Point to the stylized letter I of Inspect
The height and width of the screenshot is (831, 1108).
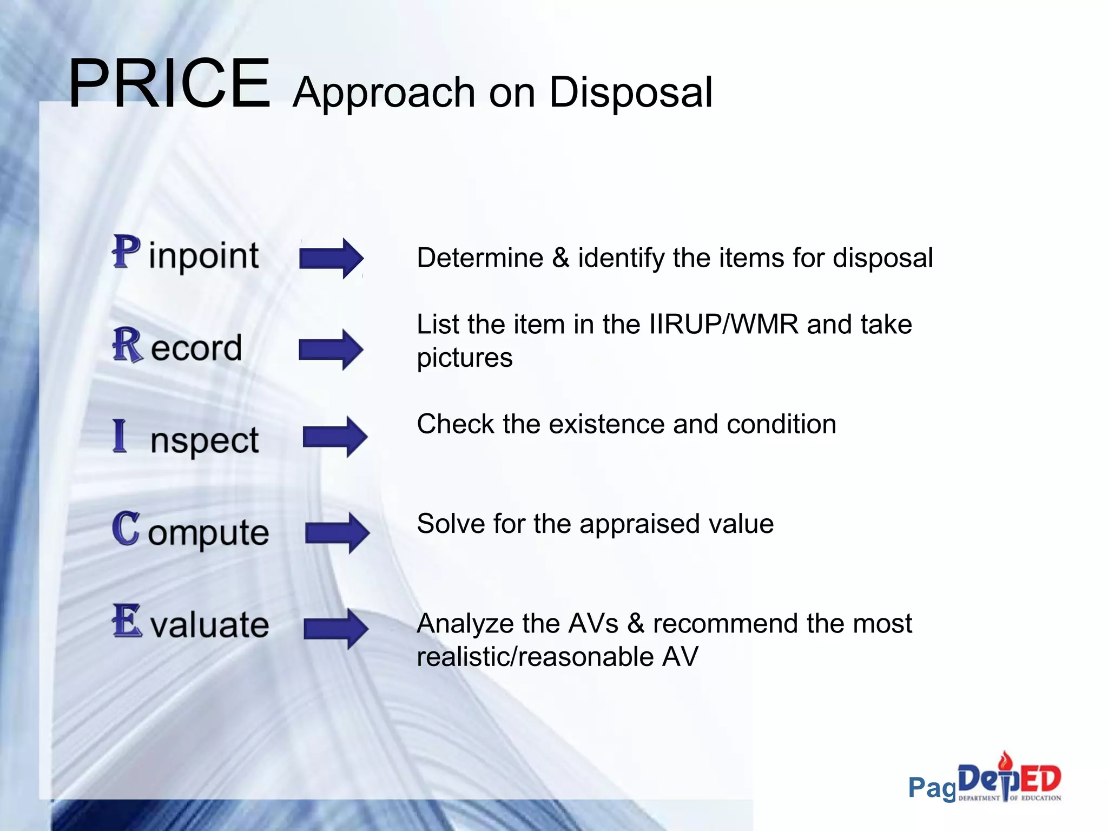point(120,436)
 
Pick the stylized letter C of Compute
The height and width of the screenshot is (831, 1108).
point(126,529)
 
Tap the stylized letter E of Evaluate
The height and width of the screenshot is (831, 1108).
point(127,621)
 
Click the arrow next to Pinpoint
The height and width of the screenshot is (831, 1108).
point(331,258)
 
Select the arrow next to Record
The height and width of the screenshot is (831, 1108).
point(331,349)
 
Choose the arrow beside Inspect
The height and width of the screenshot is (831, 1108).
point(335,437)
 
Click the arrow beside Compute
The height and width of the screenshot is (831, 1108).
point(337,532)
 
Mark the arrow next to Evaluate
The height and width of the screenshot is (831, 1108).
point(336,629)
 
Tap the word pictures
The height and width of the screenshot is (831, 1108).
point(464,358)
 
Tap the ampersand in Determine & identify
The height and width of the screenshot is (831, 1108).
point(560,258)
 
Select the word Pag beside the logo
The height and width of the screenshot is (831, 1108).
point(932,788)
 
